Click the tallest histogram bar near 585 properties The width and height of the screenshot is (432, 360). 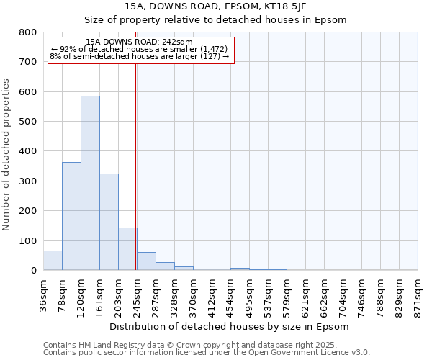coord(90,183)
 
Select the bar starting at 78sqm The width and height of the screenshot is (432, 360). coord(71,216)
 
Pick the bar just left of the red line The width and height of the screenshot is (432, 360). coord(127,248)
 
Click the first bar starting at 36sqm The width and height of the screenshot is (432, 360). coord(53,260)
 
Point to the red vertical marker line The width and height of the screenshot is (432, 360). coord(135,166)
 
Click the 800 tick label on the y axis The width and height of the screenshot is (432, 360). coord(27,32)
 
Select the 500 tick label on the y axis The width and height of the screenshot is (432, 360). coord(27,122)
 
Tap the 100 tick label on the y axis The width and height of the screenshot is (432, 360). coord(27,240)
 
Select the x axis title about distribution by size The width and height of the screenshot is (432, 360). coord(230,326)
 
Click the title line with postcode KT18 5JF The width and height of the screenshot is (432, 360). coord(215,6)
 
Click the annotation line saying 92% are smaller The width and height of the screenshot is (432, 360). coord(140,49)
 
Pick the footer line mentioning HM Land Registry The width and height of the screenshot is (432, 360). coord(206,345)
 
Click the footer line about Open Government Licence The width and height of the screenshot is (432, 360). coord(206,353)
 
